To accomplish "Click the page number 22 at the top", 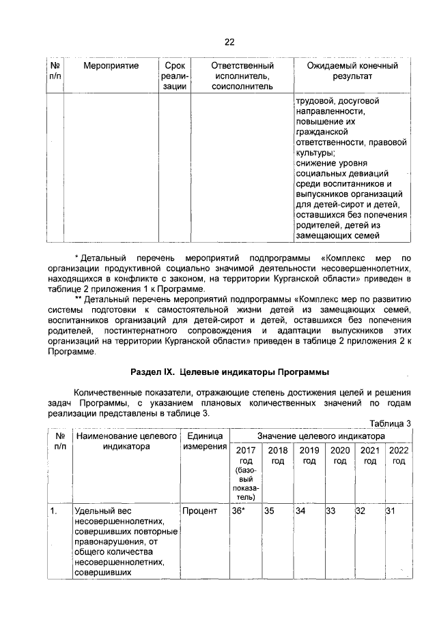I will click(229, 42).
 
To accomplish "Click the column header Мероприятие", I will click(111, 66).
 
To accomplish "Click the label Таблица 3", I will click(390, 423).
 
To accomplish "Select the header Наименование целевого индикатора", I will click(126, 441).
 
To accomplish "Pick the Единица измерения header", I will click(206, 441).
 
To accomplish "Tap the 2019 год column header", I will click(309, 456).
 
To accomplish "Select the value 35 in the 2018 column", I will click(269, 511).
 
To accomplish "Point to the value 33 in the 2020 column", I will click(330, 511).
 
